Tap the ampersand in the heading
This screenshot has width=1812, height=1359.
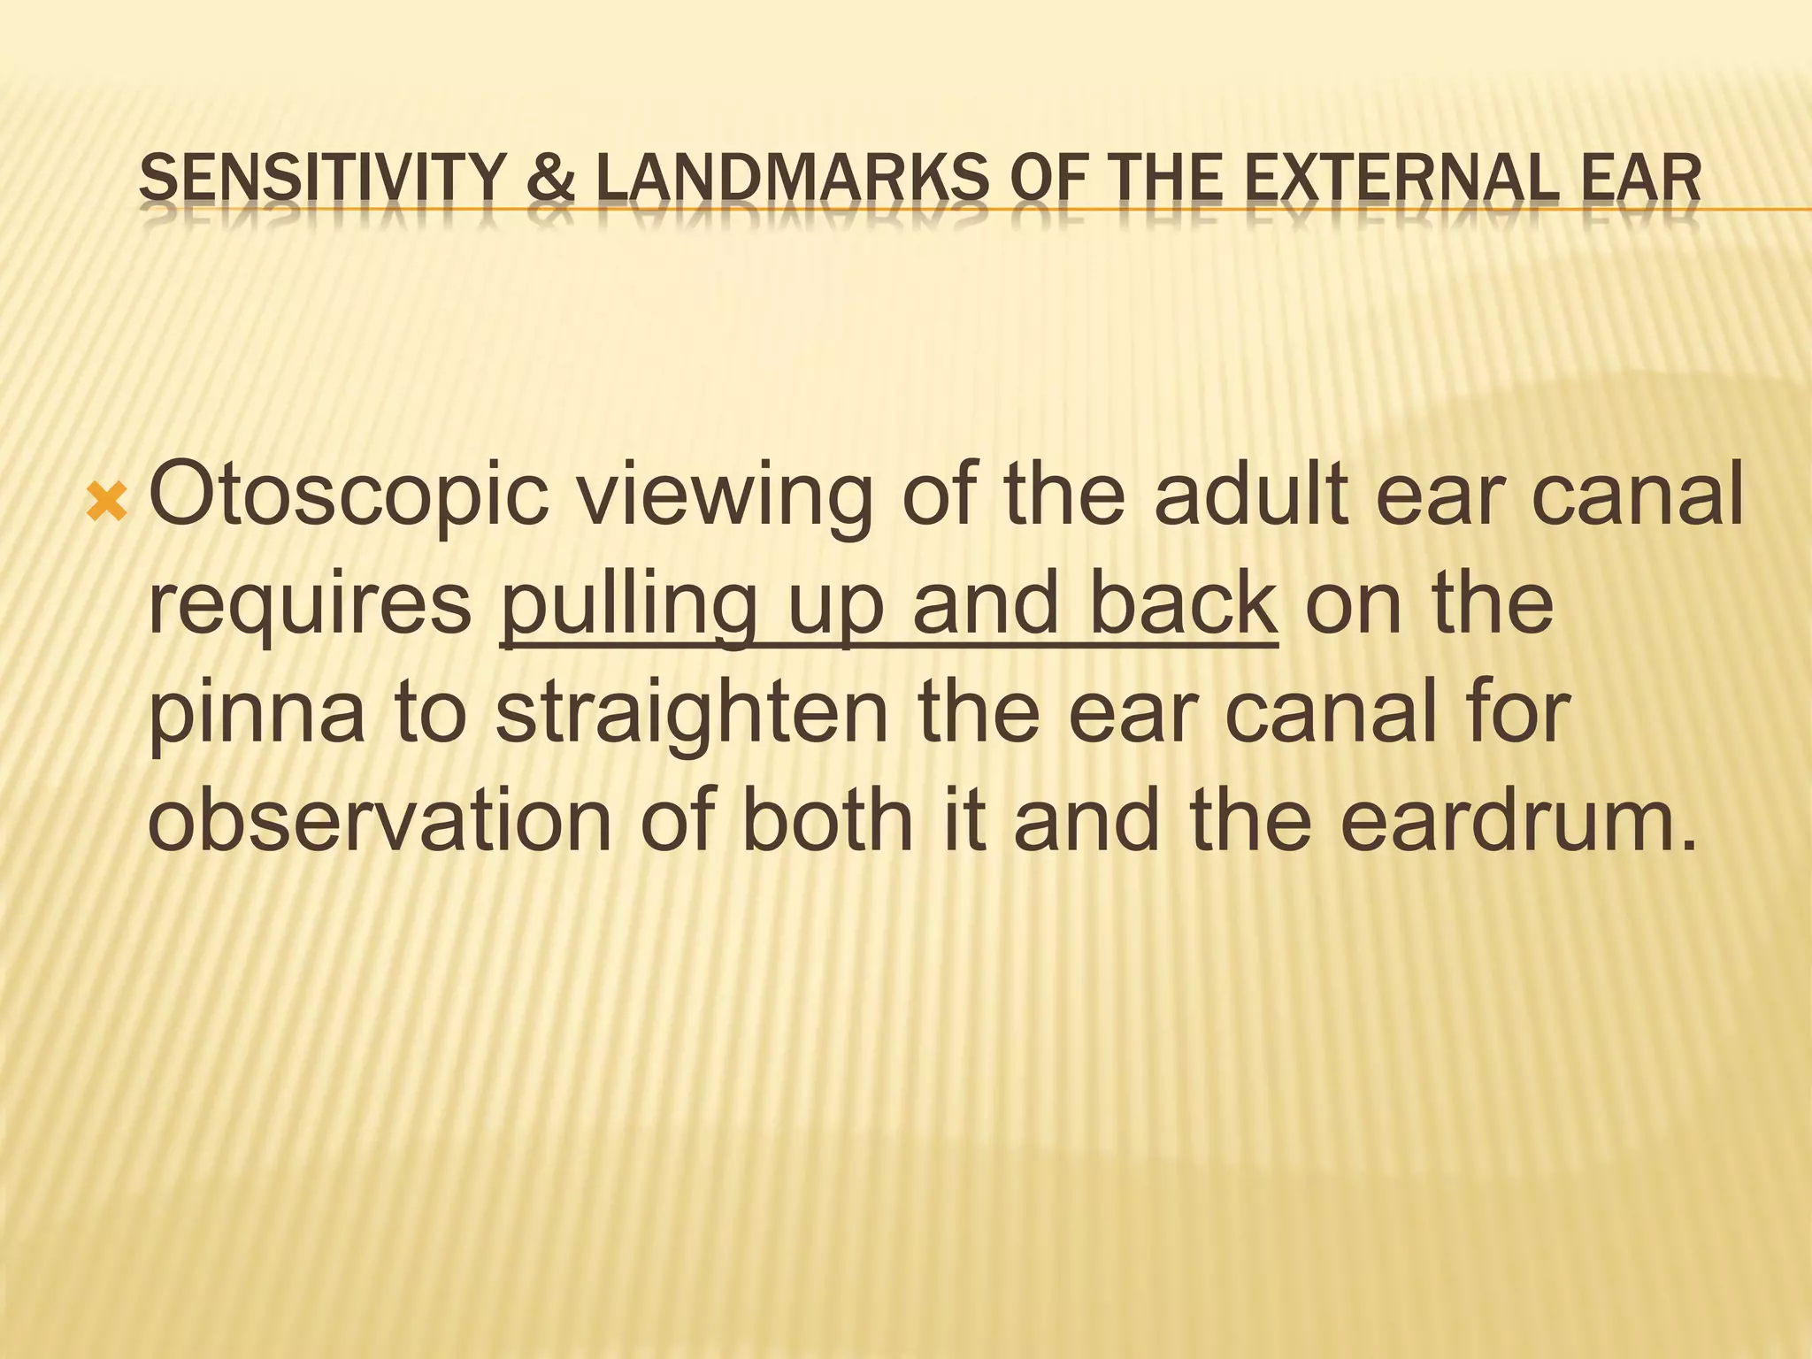[x=549, y=179]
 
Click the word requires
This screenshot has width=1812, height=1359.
[x=310, y=607]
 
